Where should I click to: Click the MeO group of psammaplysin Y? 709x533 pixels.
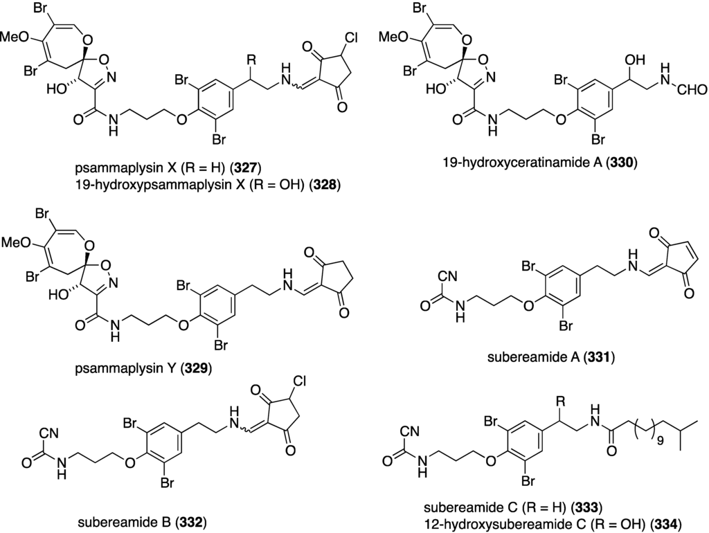coord(19,244)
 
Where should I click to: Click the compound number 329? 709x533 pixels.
coord(196,368)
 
